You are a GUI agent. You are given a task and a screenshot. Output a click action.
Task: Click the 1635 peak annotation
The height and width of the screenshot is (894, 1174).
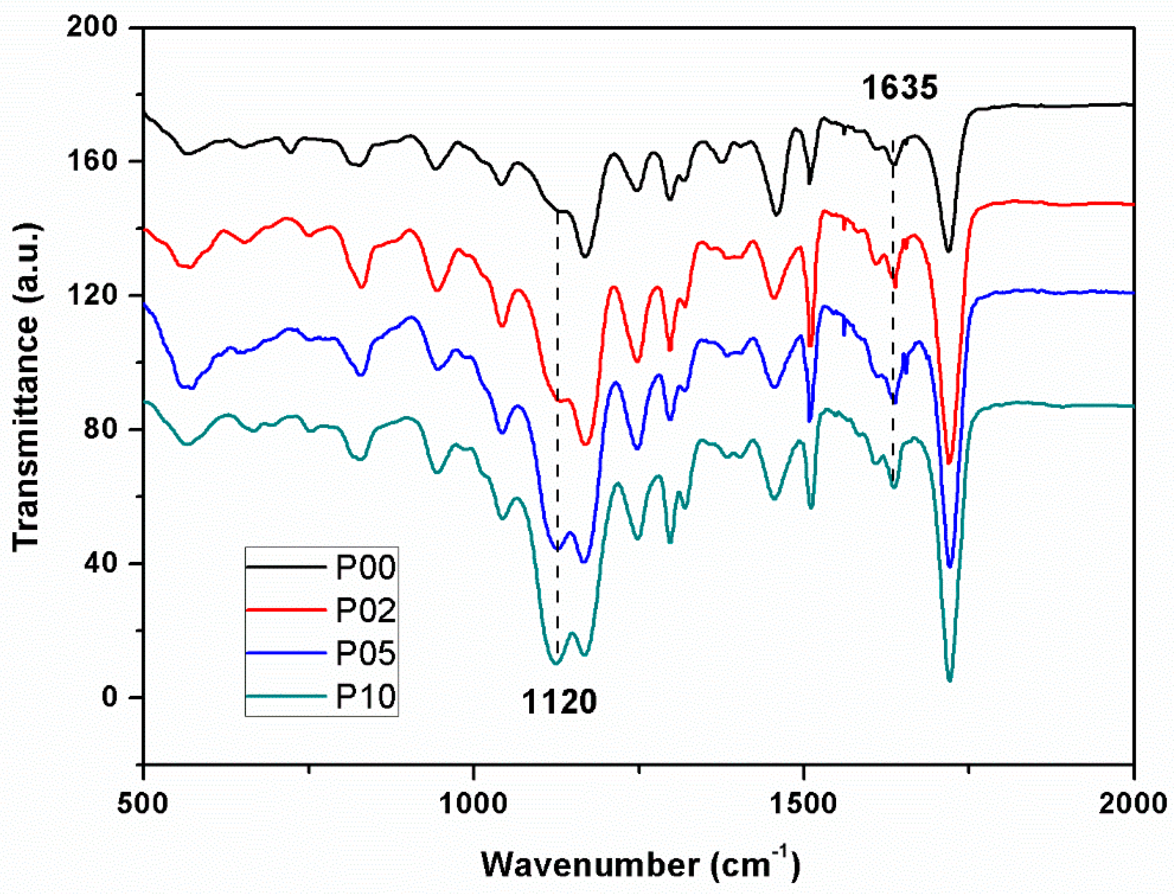(899, 88)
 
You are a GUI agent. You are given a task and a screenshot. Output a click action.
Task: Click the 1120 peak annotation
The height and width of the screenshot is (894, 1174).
(559, 701)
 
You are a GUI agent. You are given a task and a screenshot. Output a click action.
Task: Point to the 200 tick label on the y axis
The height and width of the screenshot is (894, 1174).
(92, 27)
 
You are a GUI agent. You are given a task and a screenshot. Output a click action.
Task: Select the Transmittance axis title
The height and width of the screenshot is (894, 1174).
(27, 388)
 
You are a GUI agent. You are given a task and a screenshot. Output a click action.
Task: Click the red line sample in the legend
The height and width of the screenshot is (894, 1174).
(286, 610)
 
